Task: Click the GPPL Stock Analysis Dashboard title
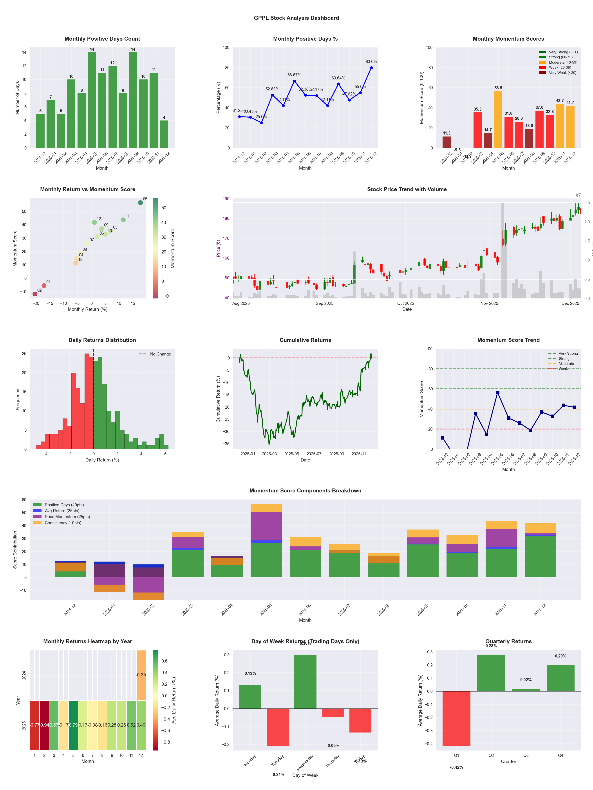pos(296,18)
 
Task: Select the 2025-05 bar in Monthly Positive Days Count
pos(92,100)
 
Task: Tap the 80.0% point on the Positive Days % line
pos(371,68)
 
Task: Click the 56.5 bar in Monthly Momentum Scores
pos(498,119)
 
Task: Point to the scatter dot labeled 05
pos(141,203)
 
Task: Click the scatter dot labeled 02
pos(35,294)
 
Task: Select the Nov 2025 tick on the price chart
pos(489,303)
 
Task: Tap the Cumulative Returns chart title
pos(305,340)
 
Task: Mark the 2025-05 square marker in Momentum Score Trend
pos(497,393)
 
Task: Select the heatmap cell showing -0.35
pos(141,675)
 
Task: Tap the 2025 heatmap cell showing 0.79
pos(73,725)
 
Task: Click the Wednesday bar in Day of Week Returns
pos(305,681)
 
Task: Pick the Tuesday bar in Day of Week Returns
pos(278,727)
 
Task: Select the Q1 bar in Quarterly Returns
pos(456,718)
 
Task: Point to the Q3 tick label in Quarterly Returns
pos(526,755)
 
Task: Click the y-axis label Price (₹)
pos(218,248)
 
